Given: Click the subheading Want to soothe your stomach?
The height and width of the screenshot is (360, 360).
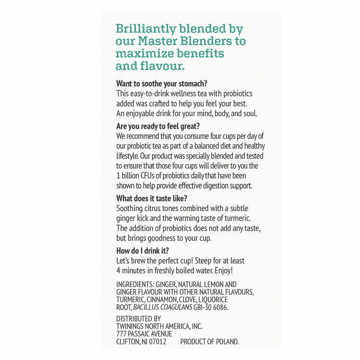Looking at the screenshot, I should click(x=162, y=83).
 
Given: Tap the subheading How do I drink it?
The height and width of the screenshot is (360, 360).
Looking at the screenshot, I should click(x=143, y=250).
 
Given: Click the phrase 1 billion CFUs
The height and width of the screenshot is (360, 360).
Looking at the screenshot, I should click(x=137, y=176).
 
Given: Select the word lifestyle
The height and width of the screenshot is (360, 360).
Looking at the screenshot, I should click(x=128, y=156).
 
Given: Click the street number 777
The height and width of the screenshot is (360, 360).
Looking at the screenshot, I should click(x=121, y=334).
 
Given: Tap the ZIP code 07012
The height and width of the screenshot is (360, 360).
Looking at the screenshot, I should click(x=156, y=342).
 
